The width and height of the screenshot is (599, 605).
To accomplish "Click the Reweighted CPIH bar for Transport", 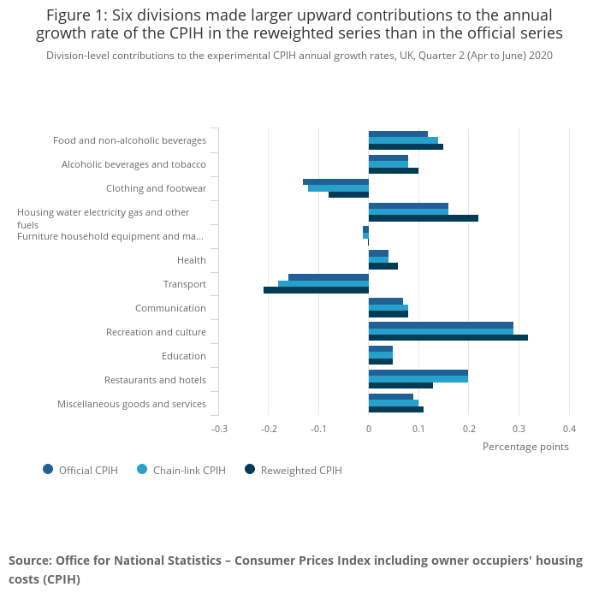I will click(316, 290).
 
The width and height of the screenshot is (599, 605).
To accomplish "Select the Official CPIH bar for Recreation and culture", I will click(441, 325).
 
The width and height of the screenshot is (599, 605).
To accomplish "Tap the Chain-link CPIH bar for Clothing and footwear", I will click(338, 188).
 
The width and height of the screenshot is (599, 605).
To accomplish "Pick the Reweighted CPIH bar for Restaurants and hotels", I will click(400, 386).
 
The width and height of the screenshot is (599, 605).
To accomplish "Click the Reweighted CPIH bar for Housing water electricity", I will click(423, 218).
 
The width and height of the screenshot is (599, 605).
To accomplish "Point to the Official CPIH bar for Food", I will click(398, 133).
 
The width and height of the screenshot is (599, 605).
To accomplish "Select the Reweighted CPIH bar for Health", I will click(383, 266).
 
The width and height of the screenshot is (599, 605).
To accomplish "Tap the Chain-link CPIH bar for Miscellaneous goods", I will click(394, 403).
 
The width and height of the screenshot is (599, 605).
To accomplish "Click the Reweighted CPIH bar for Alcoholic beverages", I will click(394, 170).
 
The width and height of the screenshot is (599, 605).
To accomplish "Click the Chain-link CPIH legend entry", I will click(189, 470).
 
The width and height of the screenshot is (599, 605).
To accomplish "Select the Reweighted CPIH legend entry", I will click(300, 470).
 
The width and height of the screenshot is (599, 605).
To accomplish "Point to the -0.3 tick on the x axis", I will click(220, 429).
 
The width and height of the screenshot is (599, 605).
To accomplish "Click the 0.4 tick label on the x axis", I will click(568, 429).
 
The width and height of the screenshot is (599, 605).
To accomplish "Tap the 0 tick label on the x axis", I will click(369, 429).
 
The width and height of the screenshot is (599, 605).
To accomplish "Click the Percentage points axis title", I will click(525, 447).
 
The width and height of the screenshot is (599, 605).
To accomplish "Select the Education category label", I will click(183, 356).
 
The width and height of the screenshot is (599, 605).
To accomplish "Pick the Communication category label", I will click(170, 308).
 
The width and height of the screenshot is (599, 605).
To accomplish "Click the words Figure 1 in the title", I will click(76, 15).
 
